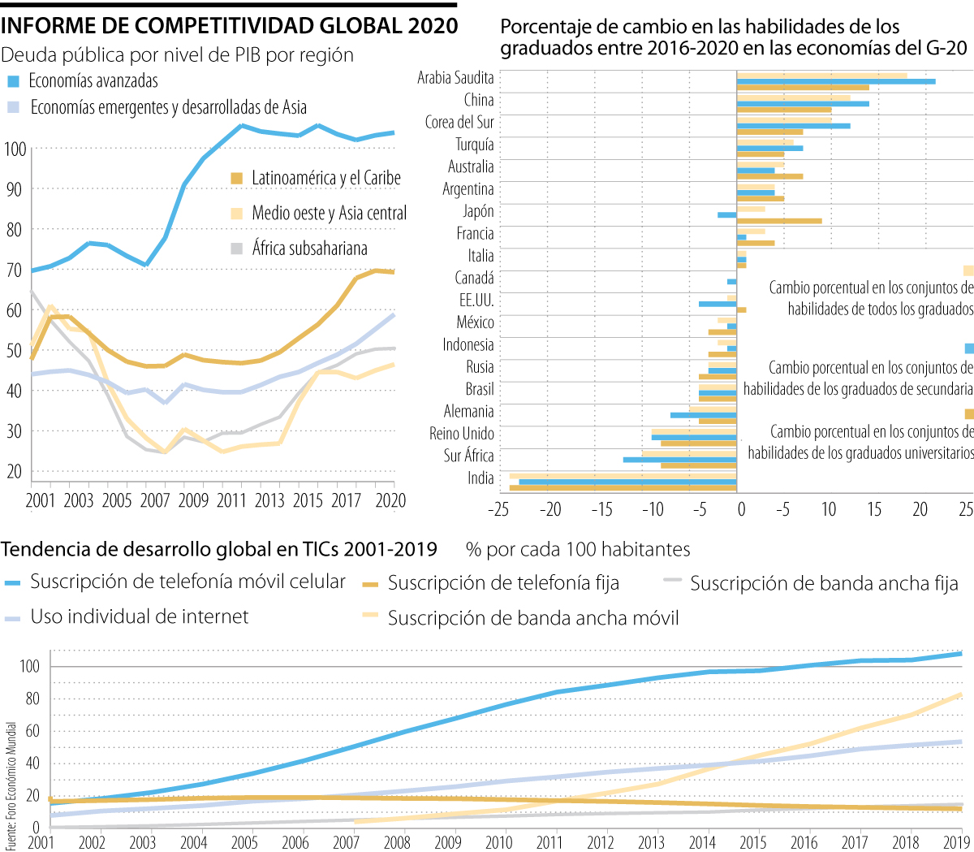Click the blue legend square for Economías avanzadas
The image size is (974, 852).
[13, 81]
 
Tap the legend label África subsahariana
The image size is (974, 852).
[309, 249]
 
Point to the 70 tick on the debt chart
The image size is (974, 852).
[14, 270]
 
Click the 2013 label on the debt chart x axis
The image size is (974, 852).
[269, 500]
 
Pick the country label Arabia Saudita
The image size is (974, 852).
[455, 78]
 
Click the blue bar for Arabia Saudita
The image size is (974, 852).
[836, 81]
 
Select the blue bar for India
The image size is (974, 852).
[627, 482]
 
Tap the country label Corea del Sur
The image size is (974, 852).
[459, 123]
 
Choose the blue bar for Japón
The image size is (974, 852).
[727, 214]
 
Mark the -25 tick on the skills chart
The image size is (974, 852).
[498, 509]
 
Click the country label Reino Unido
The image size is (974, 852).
[462, 434]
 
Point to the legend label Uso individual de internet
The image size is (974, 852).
[140, 617]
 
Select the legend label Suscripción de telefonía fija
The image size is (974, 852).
[503, 583]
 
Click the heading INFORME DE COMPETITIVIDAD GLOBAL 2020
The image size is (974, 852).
[230, 26]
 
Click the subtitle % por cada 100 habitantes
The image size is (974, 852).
[578, 550]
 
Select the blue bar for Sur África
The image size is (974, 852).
[680, 460]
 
